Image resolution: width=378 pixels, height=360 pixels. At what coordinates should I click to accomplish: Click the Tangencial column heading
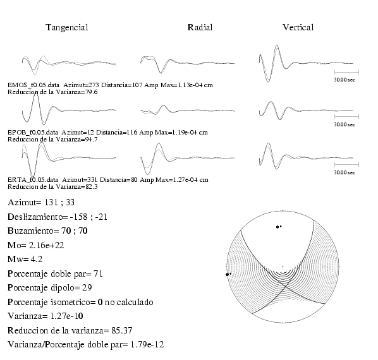point(67,28)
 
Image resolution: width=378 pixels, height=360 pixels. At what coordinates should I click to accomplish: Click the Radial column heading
point(200,27)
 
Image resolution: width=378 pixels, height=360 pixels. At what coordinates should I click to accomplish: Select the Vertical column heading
point(298,27)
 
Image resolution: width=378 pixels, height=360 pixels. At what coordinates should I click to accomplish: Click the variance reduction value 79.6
point(92,92)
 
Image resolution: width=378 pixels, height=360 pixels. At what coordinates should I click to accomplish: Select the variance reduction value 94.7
point(92,140)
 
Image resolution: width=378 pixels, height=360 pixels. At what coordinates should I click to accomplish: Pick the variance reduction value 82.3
point(92,187)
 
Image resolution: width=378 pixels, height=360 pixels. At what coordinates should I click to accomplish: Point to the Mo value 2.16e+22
point(47,246)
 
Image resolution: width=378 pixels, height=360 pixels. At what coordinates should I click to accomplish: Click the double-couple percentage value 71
point(98,274)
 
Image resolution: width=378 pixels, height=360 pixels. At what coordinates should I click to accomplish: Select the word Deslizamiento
point(35,217)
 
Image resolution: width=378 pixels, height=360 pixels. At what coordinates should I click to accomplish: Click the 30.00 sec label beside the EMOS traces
point(344,80)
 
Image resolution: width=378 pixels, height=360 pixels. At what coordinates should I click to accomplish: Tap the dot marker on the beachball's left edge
point(228,274)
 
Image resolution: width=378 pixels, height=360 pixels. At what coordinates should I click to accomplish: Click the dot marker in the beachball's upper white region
point(277,227)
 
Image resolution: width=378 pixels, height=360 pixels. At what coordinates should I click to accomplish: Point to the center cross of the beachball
point(283,267)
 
